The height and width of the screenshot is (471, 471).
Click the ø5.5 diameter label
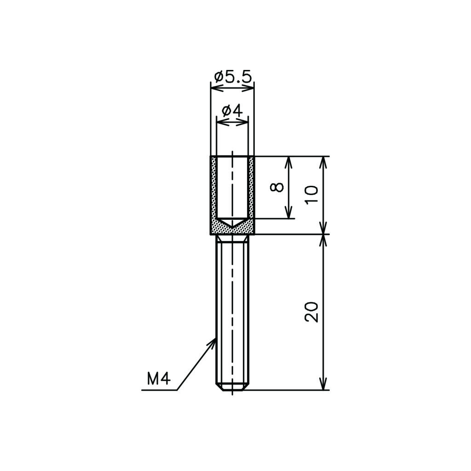tap(232, 77)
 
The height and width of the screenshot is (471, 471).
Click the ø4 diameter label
tap(232, 111)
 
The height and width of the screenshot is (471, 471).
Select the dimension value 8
tap(277, 187)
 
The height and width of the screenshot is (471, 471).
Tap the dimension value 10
tap(311, 195)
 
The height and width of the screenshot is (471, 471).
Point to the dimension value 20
tap(311, 312)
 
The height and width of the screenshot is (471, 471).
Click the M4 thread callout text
tap(159, 379)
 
